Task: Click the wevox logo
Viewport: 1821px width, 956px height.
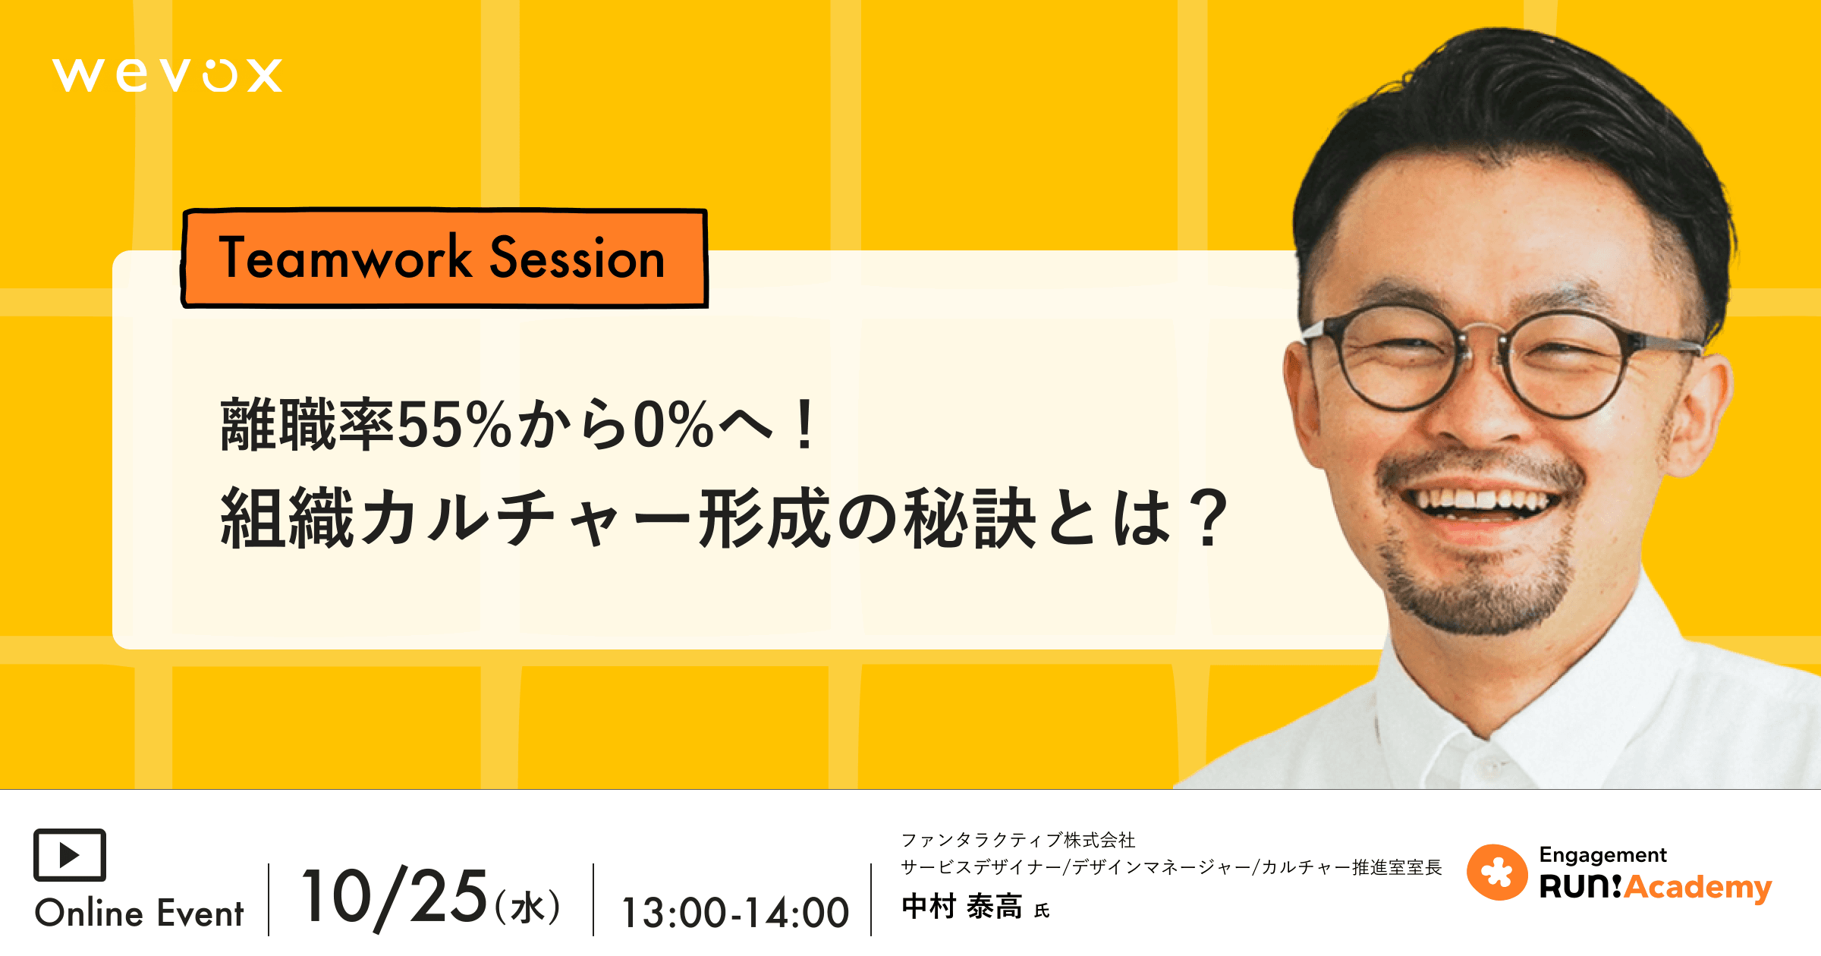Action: click(x=167, y=75)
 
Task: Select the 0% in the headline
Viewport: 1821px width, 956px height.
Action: click(x=673, y=425)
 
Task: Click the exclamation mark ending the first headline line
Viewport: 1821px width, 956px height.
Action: click(x=805, y=425)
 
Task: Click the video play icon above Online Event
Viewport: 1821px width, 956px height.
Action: click(x=70, y=855)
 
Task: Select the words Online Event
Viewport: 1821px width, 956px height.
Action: click(x=140, y=913)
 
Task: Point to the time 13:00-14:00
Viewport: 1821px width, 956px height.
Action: click(x=734, y=913)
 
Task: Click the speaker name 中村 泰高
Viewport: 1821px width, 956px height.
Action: click(x=961, y=907)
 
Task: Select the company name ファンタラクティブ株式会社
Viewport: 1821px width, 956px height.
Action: click(x=1017, y=840)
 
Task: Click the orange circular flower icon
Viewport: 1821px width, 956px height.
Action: click(x=1496, y=873)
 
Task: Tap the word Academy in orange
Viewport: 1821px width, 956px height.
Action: click(x=1698, y=886)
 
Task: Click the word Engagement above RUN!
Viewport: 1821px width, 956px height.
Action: click(x=1602, y=855)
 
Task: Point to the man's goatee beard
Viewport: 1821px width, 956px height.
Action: click(x=1476, y=599)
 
